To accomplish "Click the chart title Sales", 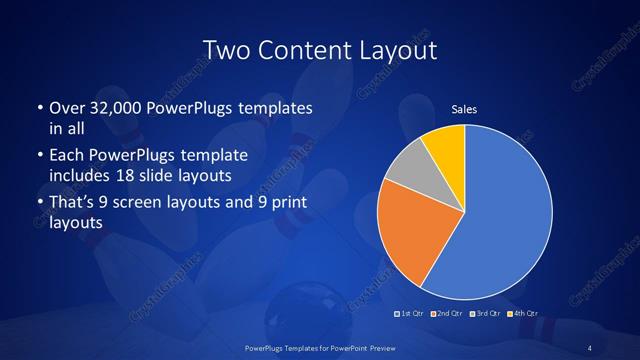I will point(464,110).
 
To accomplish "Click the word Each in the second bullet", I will point(66,156).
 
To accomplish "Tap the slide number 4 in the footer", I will point(590,346).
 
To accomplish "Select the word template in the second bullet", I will point(213,156).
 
